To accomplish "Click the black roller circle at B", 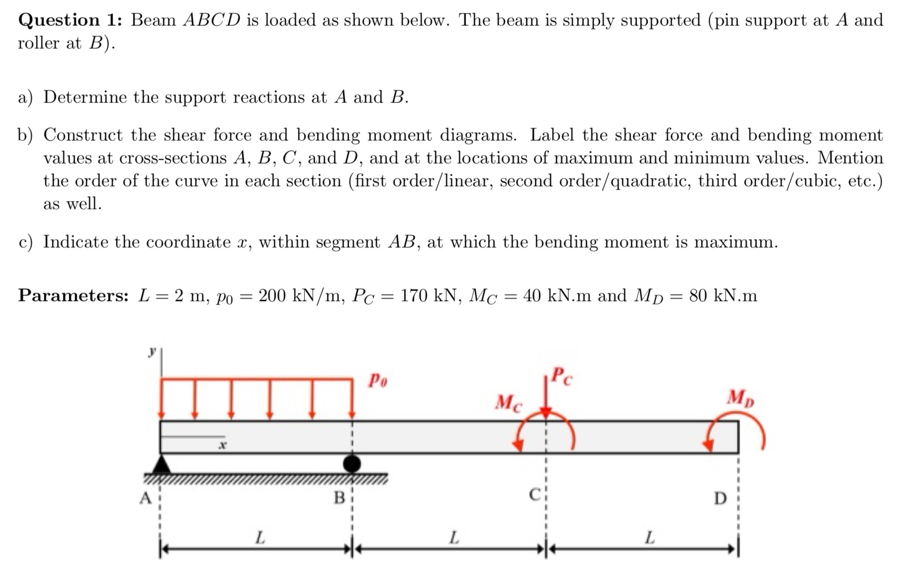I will pos(352,464).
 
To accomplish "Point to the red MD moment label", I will pos(740,398).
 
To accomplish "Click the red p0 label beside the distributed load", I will pos(378,381).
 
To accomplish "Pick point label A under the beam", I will pos(145,497).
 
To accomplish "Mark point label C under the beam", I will pos(535,495).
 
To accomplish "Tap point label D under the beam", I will pos(720,498).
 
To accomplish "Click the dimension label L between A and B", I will pos(260,538).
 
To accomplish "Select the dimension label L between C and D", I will pos(649,538).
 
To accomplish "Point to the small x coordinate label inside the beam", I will pos(223,445).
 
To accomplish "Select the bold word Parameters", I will pos(74,296).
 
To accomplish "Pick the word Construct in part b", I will pos(83,135).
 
